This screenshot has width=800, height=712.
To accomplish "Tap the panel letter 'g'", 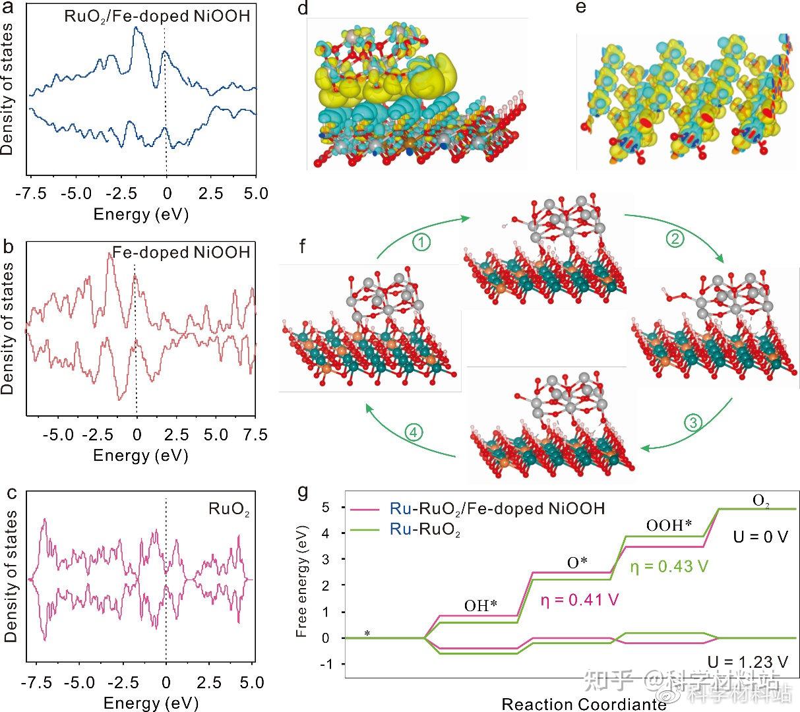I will [303, 492].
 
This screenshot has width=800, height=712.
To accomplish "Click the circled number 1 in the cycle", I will [422, 243].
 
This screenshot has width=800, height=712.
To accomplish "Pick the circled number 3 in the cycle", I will [692, 423].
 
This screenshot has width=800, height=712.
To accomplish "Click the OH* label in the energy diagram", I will [479, 606].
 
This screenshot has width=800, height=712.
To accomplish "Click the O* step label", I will [577, 562].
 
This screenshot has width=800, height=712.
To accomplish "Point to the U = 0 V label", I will [760, 537].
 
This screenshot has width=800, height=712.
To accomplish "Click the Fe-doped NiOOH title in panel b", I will [181, 252].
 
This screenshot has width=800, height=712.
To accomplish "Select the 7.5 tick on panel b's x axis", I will [255, 435].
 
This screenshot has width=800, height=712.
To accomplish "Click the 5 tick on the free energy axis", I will [325, 508].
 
